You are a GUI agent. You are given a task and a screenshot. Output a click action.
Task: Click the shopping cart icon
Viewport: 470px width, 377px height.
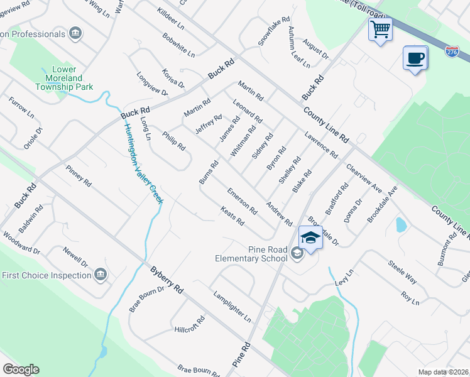click(x=380, y=29)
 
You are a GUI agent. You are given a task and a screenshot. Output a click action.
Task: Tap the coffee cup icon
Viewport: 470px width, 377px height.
click(x=415, y=58)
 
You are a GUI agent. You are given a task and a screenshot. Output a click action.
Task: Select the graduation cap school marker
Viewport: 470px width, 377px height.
click(x=310, y=238)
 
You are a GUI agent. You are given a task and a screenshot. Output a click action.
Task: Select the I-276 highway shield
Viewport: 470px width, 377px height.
click(x=452, y=52)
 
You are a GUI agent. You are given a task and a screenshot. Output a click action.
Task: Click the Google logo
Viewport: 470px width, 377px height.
click(x=21, y=369)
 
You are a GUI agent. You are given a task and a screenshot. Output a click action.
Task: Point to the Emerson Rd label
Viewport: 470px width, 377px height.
click(x=243, y=200)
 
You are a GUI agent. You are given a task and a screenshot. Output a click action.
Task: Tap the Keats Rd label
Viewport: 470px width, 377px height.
click(x=232, y=217)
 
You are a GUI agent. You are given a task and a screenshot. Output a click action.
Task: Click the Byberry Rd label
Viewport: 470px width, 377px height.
click(x=167, y=280)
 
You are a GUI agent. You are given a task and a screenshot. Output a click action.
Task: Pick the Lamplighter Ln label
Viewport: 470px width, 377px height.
click(x=232, y=304)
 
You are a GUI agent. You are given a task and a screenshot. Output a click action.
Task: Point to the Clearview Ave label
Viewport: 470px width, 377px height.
click(x=364, y=178)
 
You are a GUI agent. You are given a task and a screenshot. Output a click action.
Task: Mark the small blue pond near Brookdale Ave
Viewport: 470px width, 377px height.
click(x=400, y=224)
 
